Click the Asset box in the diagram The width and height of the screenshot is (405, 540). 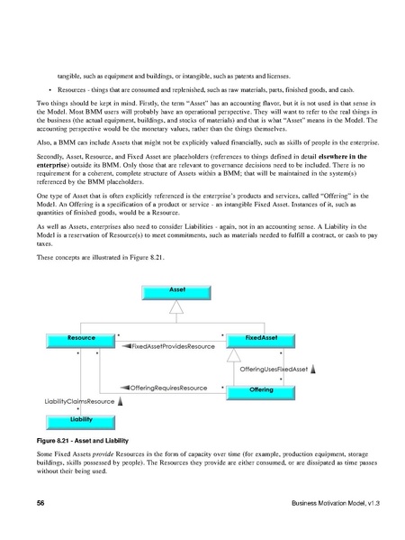[x=177, y=290]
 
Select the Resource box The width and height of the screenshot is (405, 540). [x=82, y=337]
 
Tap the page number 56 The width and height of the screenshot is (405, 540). [x=40, y=500]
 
